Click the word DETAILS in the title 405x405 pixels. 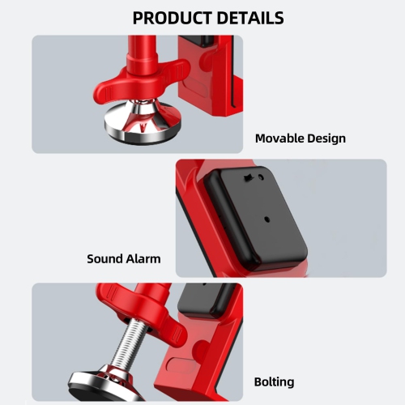tap(246, 17)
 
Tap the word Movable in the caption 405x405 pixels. tap(280, 138)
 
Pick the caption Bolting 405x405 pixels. tap(274, 382)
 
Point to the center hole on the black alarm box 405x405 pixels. tap(268, 218)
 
